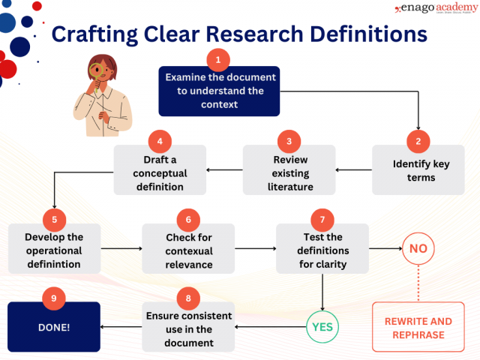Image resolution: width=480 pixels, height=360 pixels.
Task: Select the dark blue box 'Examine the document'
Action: click(x=219, y=91)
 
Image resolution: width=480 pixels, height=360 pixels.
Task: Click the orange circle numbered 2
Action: click(x=418, y=140)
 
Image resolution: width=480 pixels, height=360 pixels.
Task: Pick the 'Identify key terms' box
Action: click(x=418, y=170)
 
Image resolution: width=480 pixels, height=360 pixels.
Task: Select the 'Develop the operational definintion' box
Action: click(x=54, y=250)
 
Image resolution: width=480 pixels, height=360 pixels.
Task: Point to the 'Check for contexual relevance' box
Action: click(x=188, y=250)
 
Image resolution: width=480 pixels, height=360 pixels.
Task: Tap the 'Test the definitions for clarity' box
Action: click(x=322, y=250)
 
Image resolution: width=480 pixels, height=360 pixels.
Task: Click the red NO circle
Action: click(x=418, y=248)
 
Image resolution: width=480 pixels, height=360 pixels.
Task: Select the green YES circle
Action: click(x=322, y=326)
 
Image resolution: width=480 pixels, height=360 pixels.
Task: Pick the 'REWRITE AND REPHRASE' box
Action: click(x=418, y=327)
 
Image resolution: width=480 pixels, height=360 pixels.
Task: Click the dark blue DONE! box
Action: click(x=54, y=327)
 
